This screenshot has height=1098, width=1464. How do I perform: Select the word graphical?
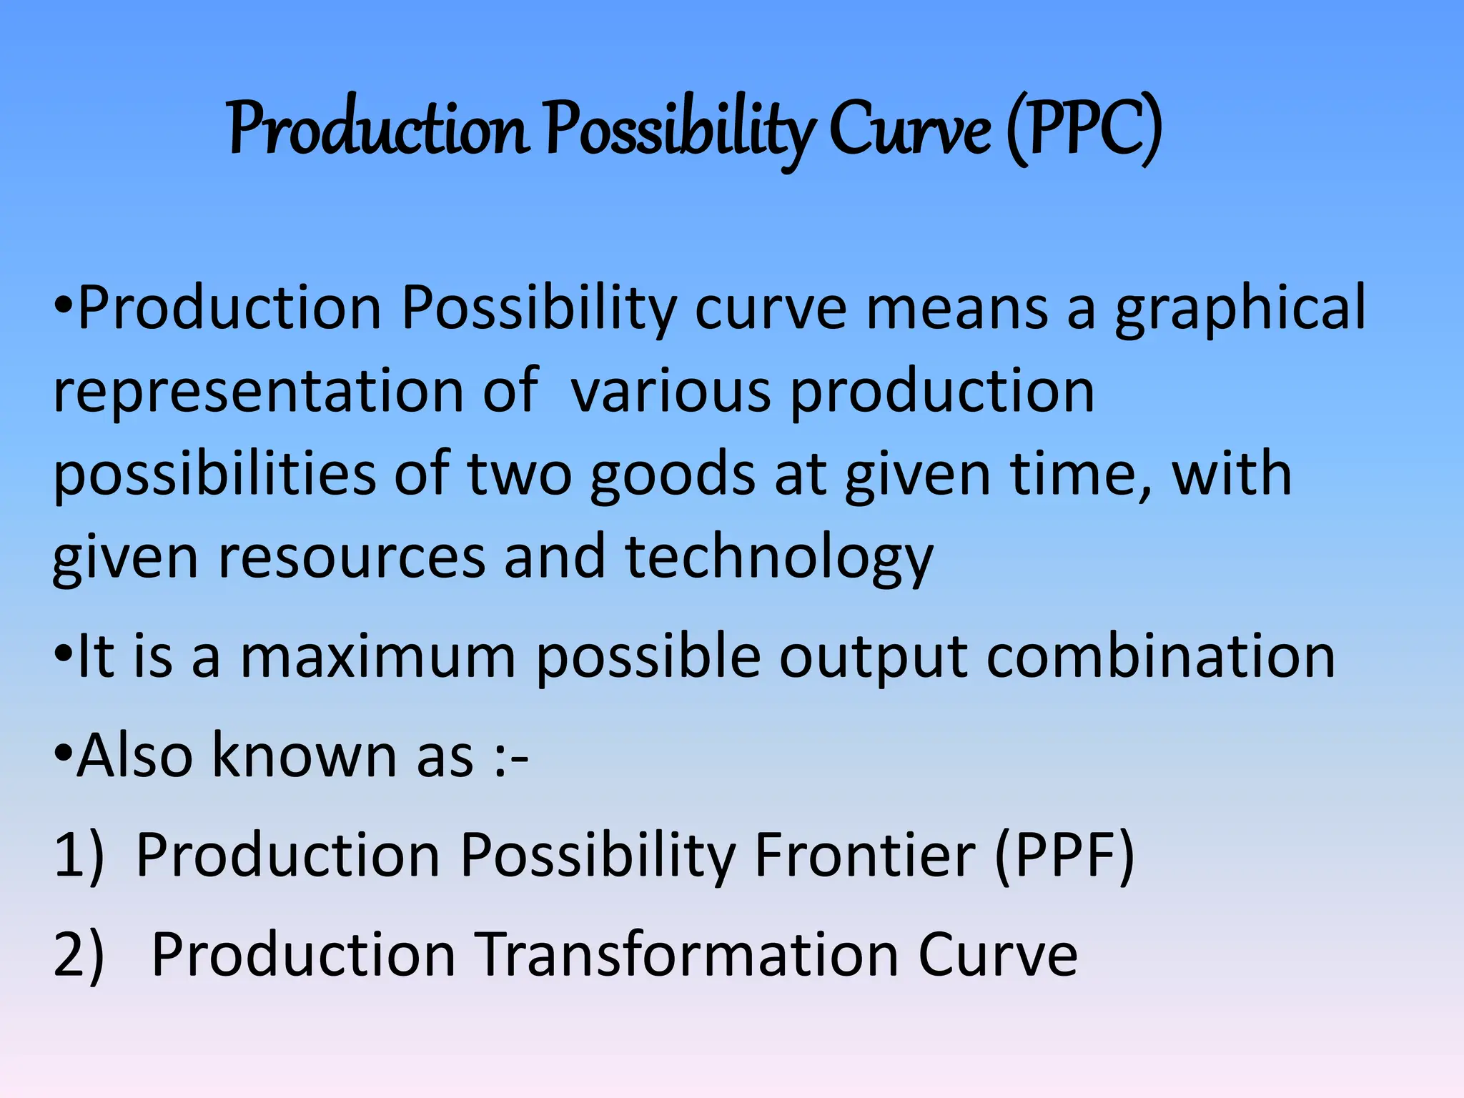tap(1241, 308)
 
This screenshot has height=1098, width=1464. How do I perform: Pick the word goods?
tap(673, 475)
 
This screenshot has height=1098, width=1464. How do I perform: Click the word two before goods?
tap(520, 475)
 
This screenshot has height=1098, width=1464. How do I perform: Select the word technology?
tap(779, 558)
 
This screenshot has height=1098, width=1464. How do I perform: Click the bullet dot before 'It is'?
tap(64, 652)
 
